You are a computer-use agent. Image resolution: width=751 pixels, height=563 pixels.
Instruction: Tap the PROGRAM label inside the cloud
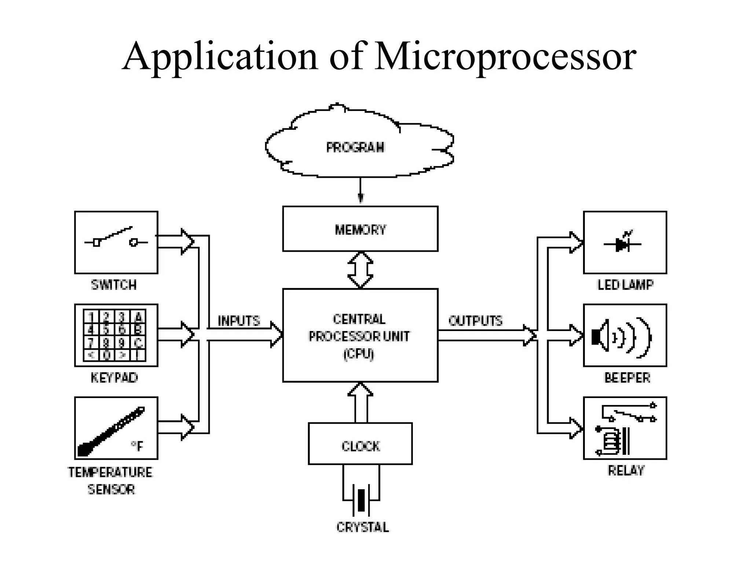pyautogui.click(x=355, y=147)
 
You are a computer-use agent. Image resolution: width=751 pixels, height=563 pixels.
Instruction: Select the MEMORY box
pyautogui.click(x=360, y=229)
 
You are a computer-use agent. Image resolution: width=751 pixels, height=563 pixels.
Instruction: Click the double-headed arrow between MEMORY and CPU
pyautogui.click(x=360, y=270)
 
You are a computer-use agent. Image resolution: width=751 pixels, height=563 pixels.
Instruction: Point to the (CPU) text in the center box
pyautogui.click(x=359, y=354)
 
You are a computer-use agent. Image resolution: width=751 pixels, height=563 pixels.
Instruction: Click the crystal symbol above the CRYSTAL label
pyautogui.click(x=361, y=500)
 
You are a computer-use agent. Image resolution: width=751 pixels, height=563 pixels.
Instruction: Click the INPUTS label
pyautogui.click(x=239, y=321)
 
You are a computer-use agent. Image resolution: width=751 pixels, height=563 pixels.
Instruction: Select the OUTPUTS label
pyautogui.click(x=475, y=321)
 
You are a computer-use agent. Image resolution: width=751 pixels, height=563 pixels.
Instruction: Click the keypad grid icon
pyautogui.click(x=114, y=335)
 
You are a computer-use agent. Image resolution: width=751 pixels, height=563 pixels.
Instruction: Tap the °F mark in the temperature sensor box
pyautogui.click(x=137, y=446)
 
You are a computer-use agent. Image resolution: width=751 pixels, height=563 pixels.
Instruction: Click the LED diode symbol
pyautogui.click(x=623, y=244)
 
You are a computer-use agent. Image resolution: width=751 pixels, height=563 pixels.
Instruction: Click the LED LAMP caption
pyautogui.click(x=625, y=285)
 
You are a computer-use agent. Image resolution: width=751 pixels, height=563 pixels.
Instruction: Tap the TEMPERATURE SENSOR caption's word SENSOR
pyautogui.click(x=111, y=489)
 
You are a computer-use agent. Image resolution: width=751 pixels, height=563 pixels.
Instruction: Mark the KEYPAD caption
pyautogui.click(x=114, y=378)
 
